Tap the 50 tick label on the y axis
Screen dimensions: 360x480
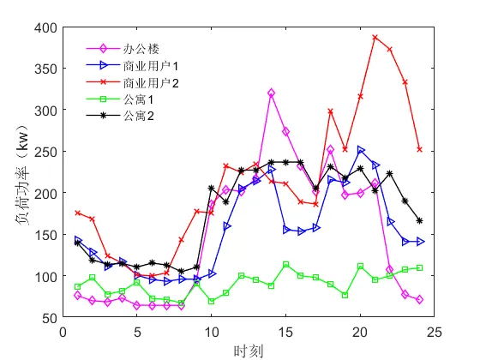point(48,318)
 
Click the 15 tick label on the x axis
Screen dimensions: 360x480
point(285,330)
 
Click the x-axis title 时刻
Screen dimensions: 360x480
point(248,350)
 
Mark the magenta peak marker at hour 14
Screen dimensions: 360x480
point(271,93)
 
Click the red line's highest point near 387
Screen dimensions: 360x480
point(375,38)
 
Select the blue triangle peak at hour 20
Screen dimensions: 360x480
point(361,150)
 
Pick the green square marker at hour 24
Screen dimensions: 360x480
point(420,267)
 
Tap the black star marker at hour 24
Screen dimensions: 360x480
point(420,221)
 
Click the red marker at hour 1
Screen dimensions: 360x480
point(78,213)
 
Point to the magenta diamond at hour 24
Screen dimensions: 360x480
point(420,300)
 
